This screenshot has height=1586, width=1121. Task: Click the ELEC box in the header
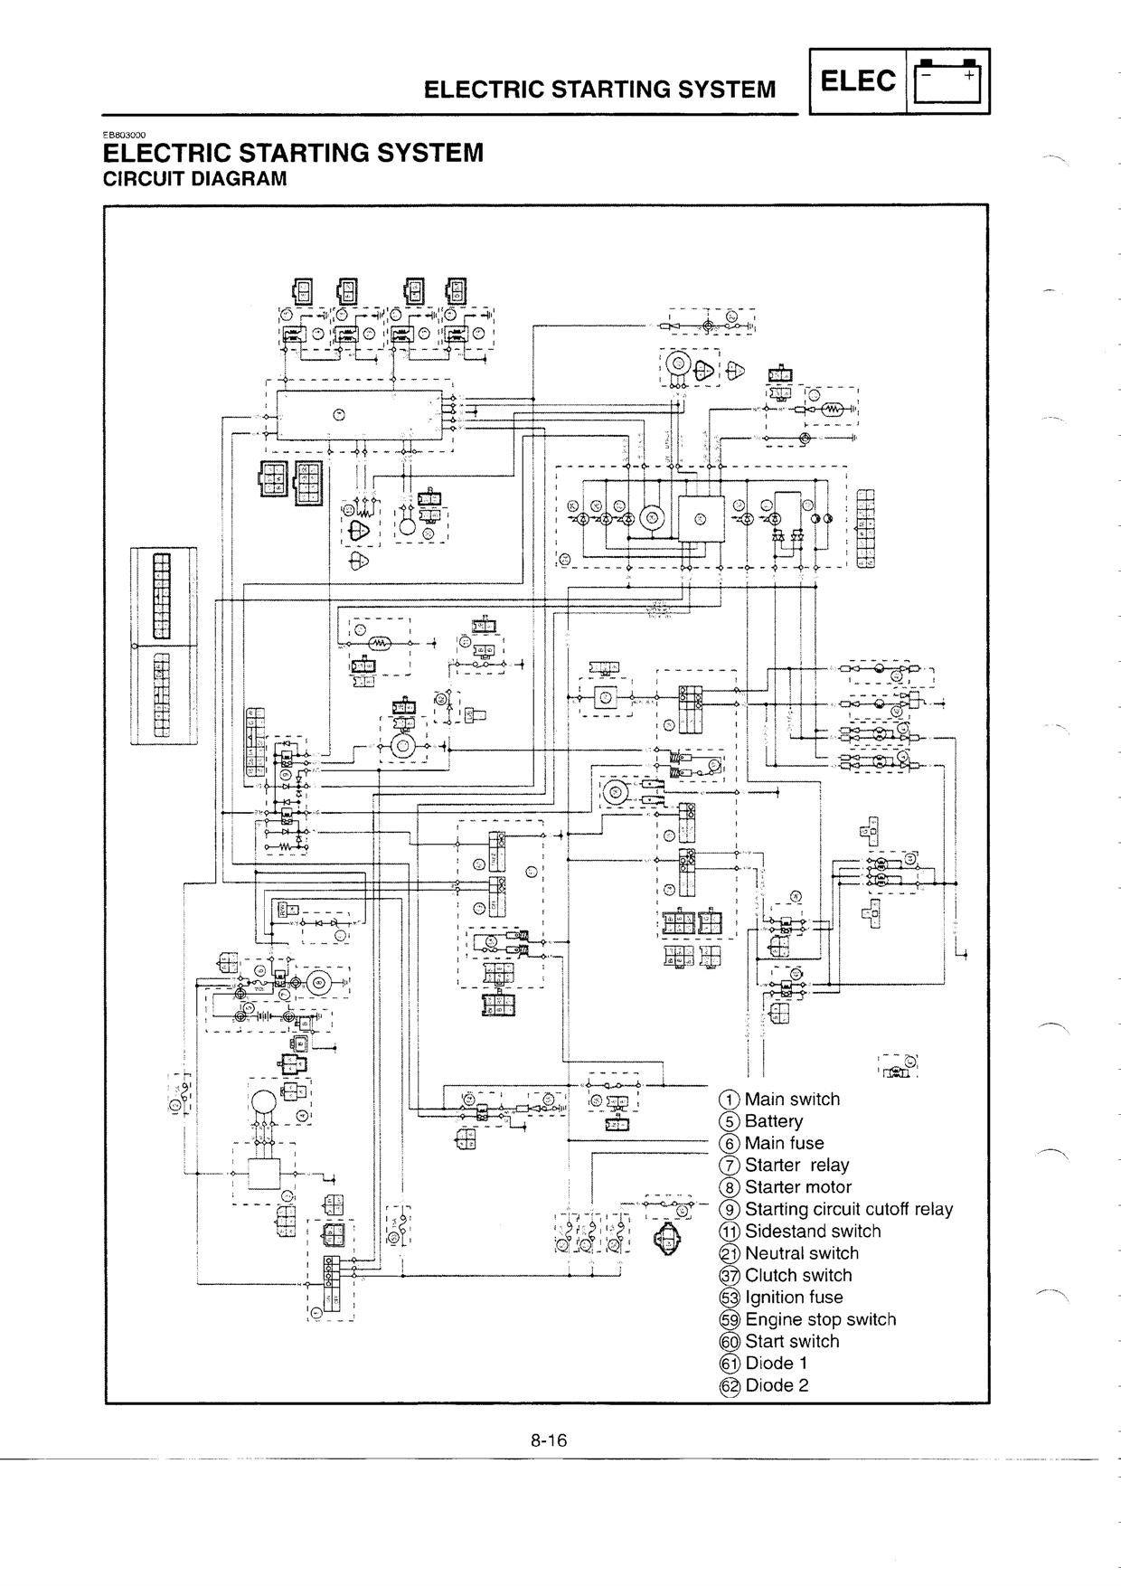tap(858, 81)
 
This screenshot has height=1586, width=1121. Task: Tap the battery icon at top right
tap(947, 81)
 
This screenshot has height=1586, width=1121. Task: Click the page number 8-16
tap(548, 1440)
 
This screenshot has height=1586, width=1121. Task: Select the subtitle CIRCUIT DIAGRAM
tap(195, 178)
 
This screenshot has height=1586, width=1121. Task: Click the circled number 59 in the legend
tap(729, 1320)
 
